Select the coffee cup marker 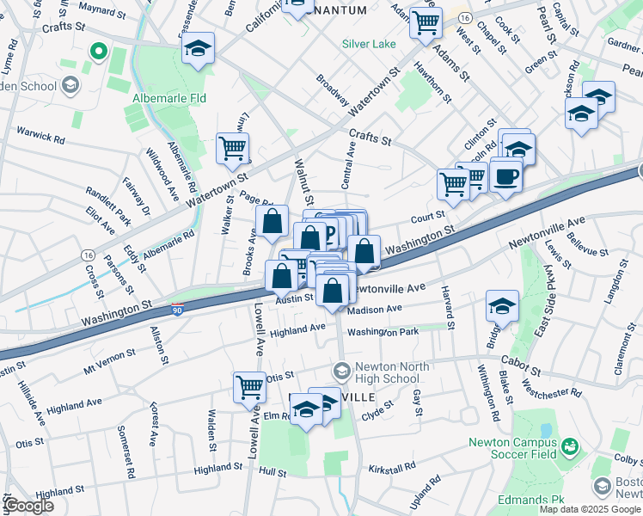(x=505, y=175)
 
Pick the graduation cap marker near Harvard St (x=502, y=306)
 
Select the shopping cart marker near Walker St (x=232, y=148)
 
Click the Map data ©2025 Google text (x=590, y=509)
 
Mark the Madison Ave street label (x=376, y=310)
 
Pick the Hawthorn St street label (x=432, y=83)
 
